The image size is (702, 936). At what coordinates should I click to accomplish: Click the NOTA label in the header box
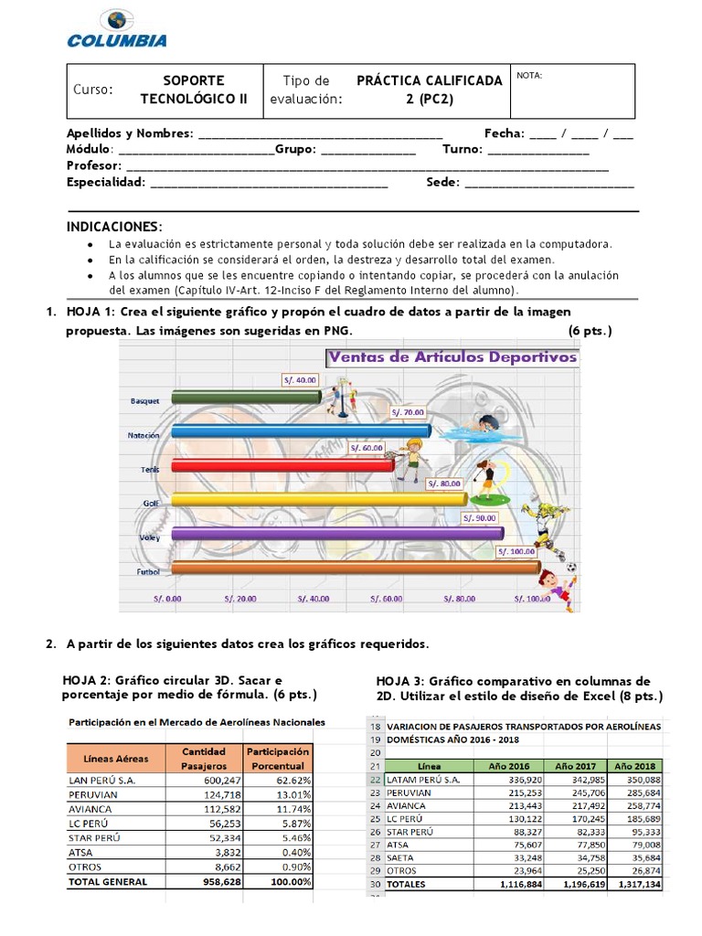[529, 76]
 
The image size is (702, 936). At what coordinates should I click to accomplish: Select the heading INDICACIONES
[114, 226]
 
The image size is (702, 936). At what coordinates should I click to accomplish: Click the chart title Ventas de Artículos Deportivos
[453, 356]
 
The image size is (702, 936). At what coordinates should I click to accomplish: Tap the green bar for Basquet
[245, 395]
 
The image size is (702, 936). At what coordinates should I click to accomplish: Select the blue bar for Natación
[300, 431]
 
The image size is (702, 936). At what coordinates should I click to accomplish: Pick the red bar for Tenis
[282, 465]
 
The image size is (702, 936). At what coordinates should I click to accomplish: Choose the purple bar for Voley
[336, 533]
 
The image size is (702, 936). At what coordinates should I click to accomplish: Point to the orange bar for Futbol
[355, 568]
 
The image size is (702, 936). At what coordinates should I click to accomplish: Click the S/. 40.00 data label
[300, 379]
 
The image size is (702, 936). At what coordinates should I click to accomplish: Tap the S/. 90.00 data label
[480, 517]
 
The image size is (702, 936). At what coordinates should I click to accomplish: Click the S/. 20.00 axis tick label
[239, 599]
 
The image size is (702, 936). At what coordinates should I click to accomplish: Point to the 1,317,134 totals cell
[635, 884]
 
